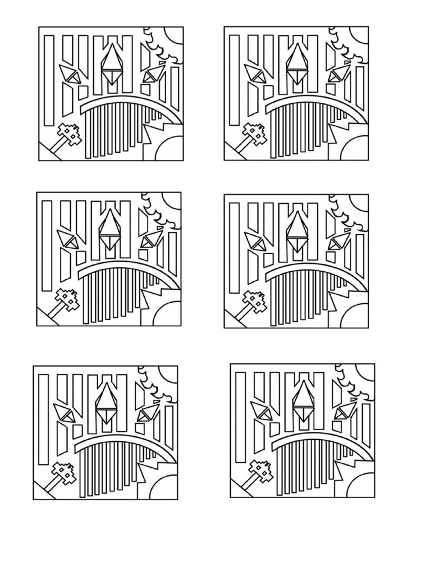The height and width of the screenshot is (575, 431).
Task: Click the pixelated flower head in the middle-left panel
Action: [68, 299]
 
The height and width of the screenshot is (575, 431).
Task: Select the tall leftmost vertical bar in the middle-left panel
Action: [47, 245]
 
